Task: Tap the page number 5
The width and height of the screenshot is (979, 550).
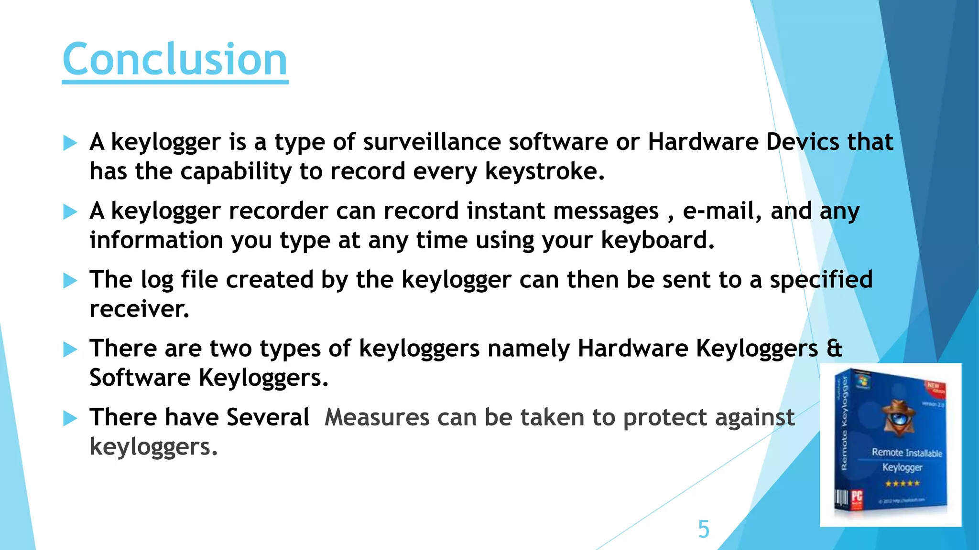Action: click(704, 529)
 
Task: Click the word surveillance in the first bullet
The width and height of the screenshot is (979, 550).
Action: click(432, 142)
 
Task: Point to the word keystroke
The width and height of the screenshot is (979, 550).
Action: click(544, 171)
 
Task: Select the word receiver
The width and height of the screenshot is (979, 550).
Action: click(139, 309)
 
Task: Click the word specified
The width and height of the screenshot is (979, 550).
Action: click(821, 279)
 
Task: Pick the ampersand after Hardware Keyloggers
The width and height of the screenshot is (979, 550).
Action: click(834, 348)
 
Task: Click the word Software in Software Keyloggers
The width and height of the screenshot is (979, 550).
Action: click(140, 378)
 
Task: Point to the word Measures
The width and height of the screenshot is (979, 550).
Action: click(377, 417)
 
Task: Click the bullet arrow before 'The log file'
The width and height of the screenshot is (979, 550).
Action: click(70, 280)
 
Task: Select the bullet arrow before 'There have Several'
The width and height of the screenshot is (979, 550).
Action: click(70, 418)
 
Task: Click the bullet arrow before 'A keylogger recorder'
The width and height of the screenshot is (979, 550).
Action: click(70, 212)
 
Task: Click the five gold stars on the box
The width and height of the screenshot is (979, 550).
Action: click(902, 483)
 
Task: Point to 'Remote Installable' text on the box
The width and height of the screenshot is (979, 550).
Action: click(906, 452)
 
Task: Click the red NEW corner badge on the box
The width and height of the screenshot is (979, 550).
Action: click(934, 387)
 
